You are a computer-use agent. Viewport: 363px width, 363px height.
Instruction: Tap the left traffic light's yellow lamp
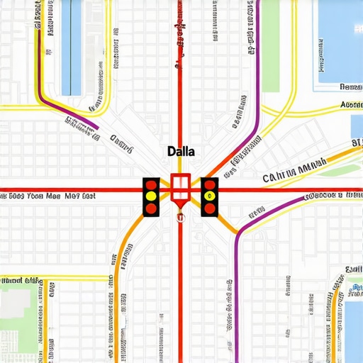tap(151, 196)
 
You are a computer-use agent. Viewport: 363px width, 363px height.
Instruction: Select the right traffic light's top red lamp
tap(209, 185)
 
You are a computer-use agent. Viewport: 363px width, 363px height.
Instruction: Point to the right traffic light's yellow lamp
tap(209, 196)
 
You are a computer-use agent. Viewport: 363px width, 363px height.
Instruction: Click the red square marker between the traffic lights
tap(180, 186)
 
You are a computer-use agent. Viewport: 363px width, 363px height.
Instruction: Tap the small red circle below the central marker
tap(180, 218)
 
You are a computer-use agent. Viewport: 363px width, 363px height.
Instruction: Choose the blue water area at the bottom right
tap(352, 326)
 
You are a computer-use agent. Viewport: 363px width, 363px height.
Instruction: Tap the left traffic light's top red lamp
tap(151, 185)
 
